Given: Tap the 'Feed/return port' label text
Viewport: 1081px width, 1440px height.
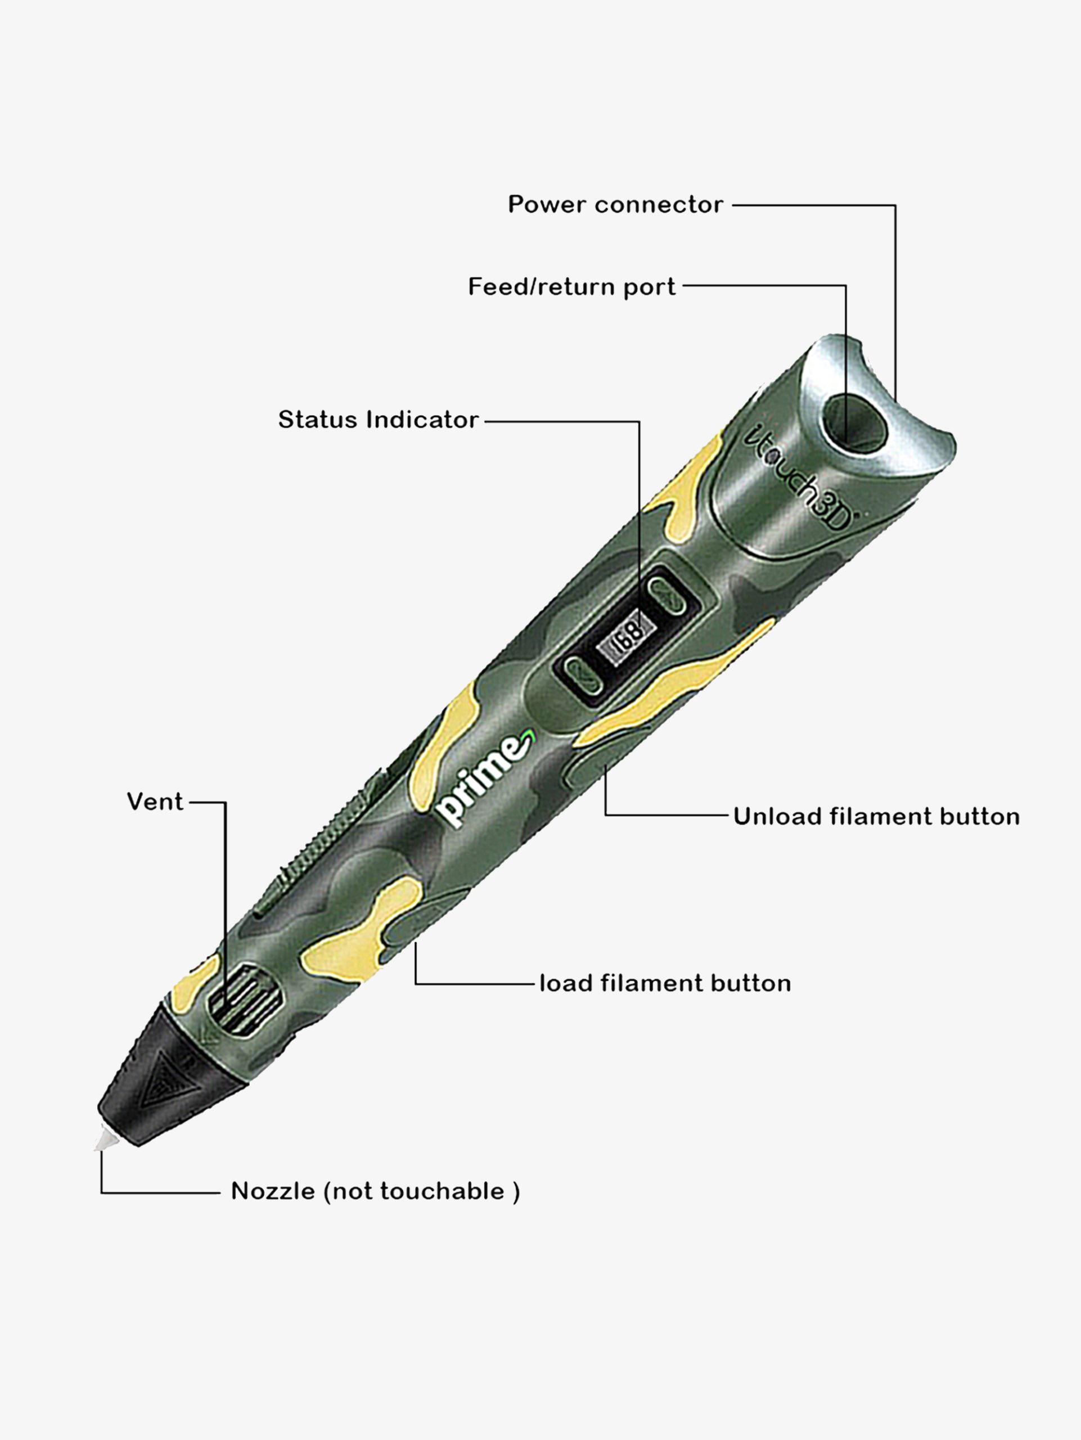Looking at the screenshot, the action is pos(572,287).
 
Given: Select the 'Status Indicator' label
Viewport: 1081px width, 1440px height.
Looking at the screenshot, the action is pos(378,419).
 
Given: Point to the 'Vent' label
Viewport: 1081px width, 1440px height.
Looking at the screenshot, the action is pos(155,802).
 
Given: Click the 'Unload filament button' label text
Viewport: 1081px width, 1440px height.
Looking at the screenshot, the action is pos(877,816).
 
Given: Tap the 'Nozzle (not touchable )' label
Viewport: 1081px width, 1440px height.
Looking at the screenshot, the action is pos(376,1191).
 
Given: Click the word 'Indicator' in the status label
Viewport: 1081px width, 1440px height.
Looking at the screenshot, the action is pos(423,419).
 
